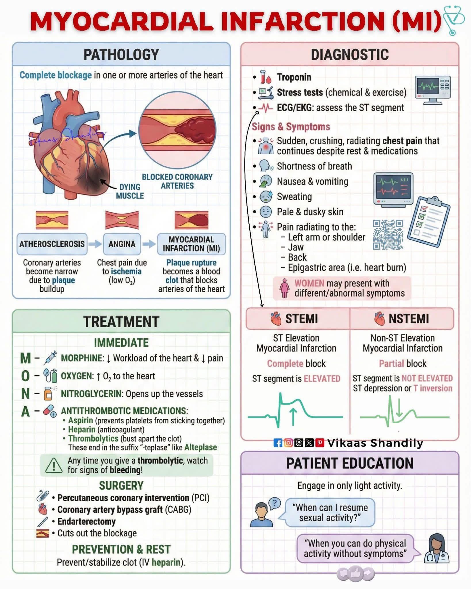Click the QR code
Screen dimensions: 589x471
pos(388,235)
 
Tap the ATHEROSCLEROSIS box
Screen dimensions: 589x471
pos(52,244)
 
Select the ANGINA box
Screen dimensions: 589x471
pos(122,244)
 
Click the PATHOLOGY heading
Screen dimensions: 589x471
pos(121,55)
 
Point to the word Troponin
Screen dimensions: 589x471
pos(294,77)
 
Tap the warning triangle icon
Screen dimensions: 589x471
pos(54,465)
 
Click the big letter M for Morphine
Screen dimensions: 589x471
pos(25,358)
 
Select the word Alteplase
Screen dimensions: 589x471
pos(200,448)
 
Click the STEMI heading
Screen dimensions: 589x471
pos(301,319)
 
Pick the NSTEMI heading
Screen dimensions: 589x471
pos(409,319)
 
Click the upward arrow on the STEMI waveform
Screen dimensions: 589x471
pos(293,416)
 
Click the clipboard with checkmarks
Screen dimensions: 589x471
pos(429,222)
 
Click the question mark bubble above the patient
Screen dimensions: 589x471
pos(275,503)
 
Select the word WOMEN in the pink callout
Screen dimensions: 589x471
pos(309,283)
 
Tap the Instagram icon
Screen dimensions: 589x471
pos(288,443)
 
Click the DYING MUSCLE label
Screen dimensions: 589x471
pos(130,191)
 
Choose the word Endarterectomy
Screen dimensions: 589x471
pos(87,521)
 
